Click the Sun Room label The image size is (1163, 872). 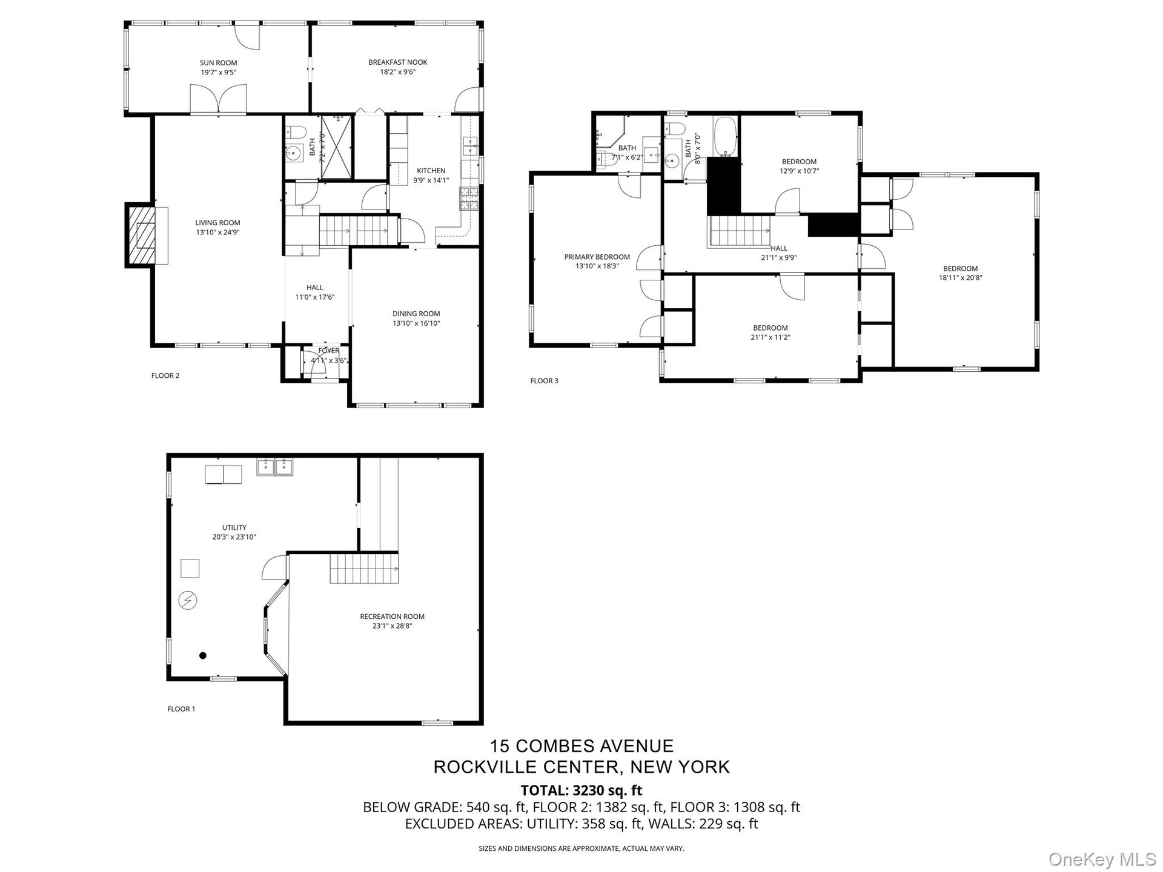(x=219, y=63)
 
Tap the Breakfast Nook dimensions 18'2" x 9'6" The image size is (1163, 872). (x=398, y=72)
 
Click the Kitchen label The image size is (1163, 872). (x=431, y=171)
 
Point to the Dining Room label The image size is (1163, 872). (x=416, y=314)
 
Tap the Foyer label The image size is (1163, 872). (x=329, y=351)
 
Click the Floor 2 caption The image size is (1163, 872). (x=165, y=375)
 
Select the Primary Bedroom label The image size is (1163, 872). (x=597, y=257)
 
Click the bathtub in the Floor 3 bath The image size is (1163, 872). (x=725, y=136)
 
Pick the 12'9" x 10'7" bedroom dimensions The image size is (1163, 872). (x=800, y=171)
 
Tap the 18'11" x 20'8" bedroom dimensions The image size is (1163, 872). (x=961, y=279)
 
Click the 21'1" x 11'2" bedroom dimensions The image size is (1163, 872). (x=770, y=337)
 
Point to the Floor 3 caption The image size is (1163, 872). (x=545, y=381)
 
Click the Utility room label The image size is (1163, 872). (x=234, y=527)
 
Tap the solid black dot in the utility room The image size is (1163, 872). (x=203, y=655)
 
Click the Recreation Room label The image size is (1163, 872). (x=393, y=616)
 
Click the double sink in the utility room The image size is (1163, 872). (x=275, y=467)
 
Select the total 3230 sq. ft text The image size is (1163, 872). (x=581, y=790)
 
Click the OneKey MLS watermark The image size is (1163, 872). (x=1102, y=859)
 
